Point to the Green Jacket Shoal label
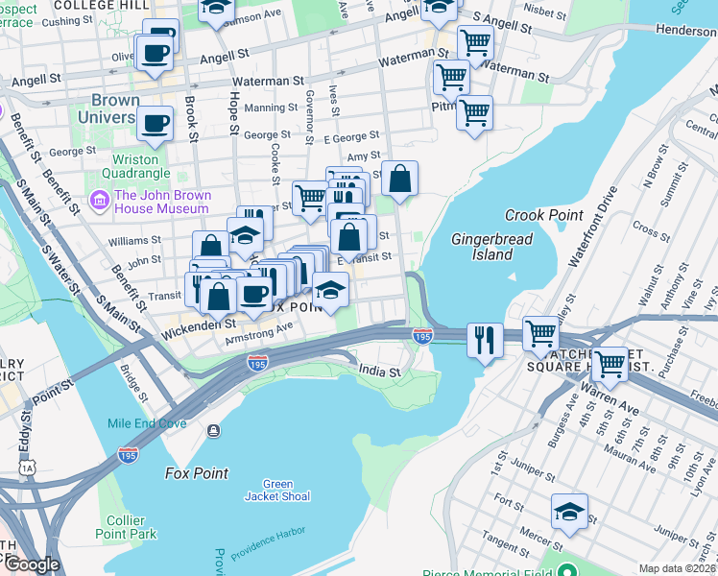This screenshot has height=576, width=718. (278, 490)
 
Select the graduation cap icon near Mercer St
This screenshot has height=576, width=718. (569, 512)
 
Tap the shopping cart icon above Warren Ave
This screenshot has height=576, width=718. (610, 364)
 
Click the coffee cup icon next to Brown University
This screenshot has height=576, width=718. (155, 122)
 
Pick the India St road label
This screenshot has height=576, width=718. (377, 369)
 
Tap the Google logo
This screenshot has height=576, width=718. (31, 565)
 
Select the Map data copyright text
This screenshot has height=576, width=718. (678, 568)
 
